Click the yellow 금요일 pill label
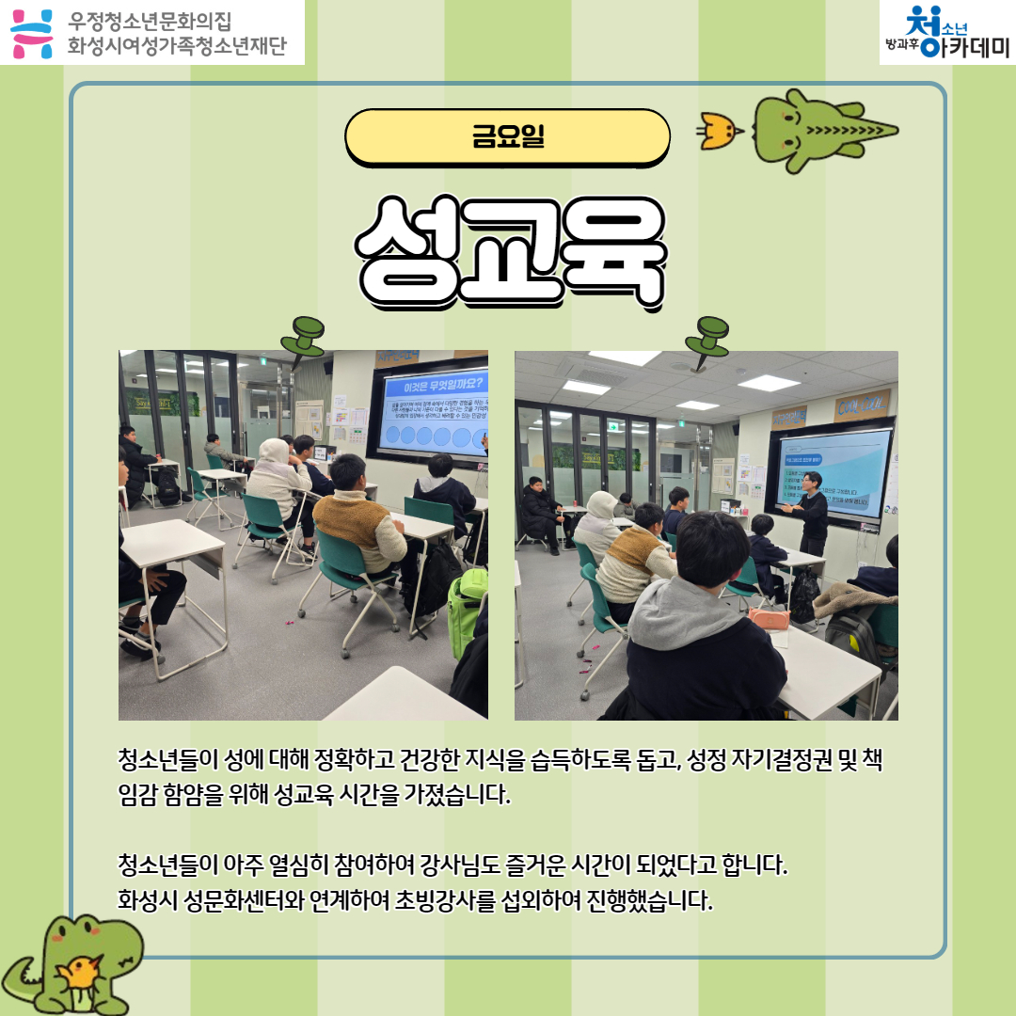click(507, 137)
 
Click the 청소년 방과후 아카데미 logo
click(946, 32)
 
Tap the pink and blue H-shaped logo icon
click(32, 32)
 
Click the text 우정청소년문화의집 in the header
click(150, 20)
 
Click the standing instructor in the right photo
click(811, 514)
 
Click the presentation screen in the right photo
click(832, 475)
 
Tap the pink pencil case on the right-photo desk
click(769, 618)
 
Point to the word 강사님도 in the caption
click(468, 863)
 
